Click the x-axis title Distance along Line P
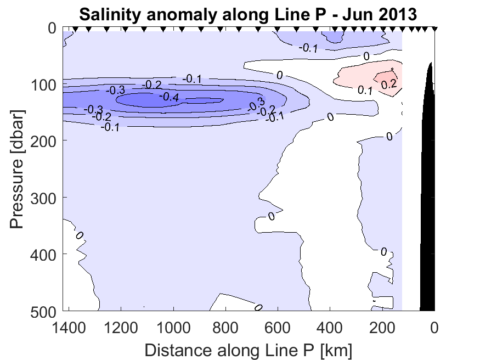[x=249, y=350]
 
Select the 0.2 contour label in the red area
[x=389, y=84]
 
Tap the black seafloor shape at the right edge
[x=428, y=220]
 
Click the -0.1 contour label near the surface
[x=308, y=48]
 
